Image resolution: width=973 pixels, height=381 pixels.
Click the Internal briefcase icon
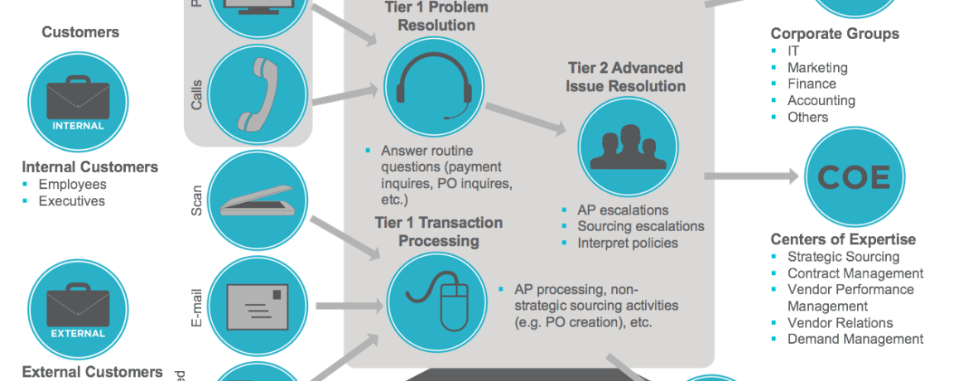pyautogui.click(x=79, y=99)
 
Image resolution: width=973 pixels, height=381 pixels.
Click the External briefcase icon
pyautogui.click(x=79, y=307)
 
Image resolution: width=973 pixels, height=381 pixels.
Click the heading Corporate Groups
pyautogui.click(x=835, y=34)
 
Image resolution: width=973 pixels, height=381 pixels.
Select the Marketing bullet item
pyautogui.click(x=816, y=67)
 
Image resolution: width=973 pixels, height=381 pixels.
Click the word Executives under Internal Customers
pyautogui.click(x=72, y=200)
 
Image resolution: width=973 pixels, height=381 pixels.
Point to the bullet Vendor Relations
pyautogui.click(x=840, y=322)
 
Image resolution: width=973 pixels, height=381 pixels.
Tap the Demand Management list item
pyautogui.click(x=855, y=339)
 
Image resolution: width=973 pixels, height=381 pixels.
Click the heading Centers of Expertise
pyautogui.click(x=843, y=239)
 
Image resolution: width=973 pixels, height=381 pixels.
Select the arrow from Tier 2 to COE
pyautogui.click(x=750, y=176)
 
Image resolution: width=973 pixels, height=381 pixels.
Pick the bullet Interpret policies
pyautogui.click(x=627, y=243)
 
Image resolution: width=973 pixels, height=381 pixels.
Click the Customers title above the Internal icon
pyautogui.click(x=80, y=32)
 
